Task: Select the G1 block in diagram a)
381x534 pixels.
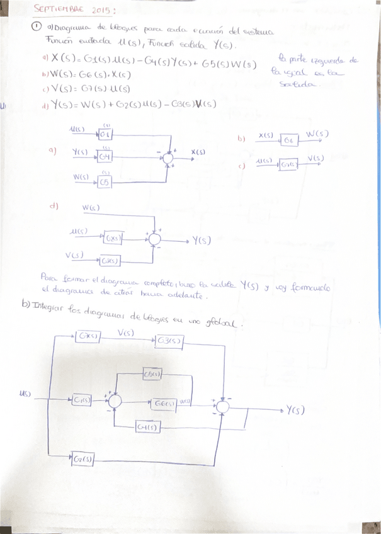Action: coord(105,134)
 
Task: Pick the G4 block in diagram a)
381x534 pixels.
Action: coord(105,156)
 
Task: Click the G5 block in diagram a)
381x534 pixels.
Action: coord(105,181)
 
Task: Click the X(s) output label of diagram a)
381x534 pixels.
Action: coord(198,152)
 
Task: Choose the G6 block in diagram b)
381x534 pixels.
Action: coord(289,140)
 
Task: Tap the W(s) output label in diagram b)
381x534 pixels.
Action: coord(317,134)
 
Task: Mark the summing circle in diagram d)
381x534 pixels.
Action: coord(154,239)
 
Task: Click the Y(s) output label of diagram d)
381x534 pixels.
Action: coord(202,240)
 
